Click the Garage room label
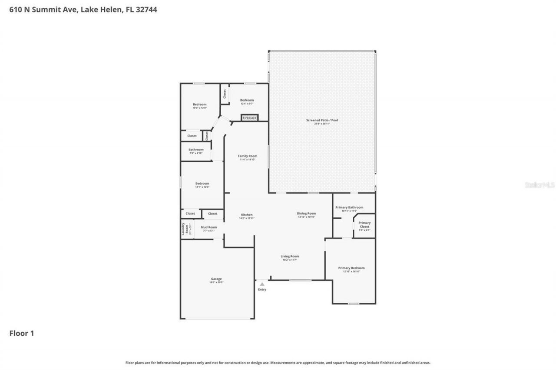(x=216, y=279)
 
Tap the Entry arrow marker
(x=262, y=284)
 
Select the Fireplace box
(x=249, y=118)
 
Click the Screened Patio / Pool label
(x=322, y=120)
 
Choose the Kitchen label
(x=247, y=215)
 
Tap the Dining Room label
(x=306, y=213)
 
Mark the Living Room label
(x=290, y=256)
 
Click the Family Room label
(x=247, y=156)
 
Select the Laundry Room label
(x=183, y=229)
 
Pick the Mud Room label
(x=208, y=227)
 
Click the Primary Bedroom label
(x=351, y=268)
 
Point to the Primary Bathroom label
(x=349, y=207)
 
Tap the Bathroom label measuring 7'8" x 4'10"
(x=196, y=150)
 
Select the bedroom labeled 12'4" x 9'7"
(x=247, y=100)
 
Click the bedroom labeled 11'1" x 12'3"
(x=202, y=183)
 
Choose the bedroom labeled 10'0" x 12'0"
(x=199, y=105)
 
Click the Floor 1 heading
(x=22, y=334)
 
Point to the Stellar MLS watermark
(x=539, y=185)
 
